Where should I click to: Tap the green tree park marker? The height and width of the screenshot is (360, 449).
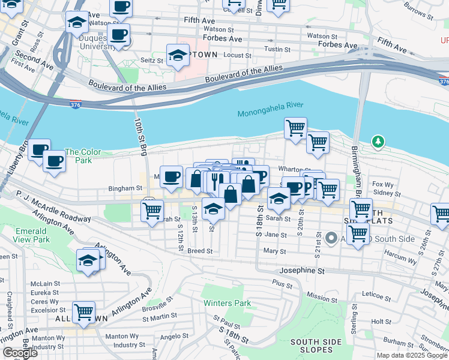pyautogui.click(x=378, y=142)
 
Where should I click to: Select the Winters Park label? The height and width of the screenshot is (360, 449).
pyautogui.click(x=227, y=303)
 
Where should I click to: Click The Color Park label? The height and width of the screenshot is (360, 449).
pyautogui.click(x=82, y=157)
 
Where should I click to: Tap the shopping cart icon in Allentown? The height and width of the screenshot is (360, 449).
pyautogui.click(x=83, y=312)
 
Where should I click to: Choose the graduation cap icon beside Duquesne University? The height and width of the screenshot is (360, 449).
pyautogui.click(x=77, y=22)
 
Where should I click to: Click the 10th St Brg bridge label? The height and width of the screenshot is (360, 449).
pyautogui.click(x=140, y=137)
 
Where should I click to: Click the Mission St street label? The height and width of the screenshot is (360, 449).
pyautogui.click(x=317, y=296)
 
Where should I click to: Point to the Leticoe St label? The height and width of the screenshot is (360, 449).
pyautogui.click(x=377, y=294)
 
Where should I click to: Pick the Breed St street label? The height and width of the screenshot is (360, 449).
pyautogui.click(x=200, y=251)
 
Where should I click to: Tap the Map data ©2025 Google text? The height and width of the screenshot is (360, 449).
pyautogui.click(x=411, y=355)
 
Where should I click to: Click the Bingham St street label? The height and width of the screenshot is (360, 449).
pyautogui.click(x=125, y=188)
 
